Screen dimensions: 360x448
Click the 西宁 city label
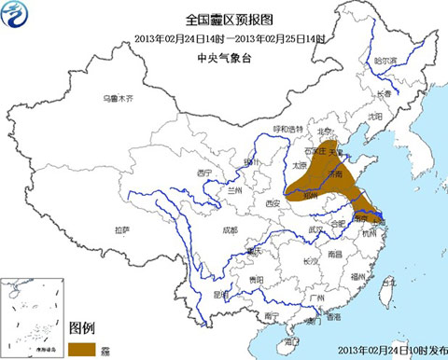tap(206, 173)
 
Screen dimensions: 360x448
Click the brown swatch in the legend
tap(84, 347)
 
